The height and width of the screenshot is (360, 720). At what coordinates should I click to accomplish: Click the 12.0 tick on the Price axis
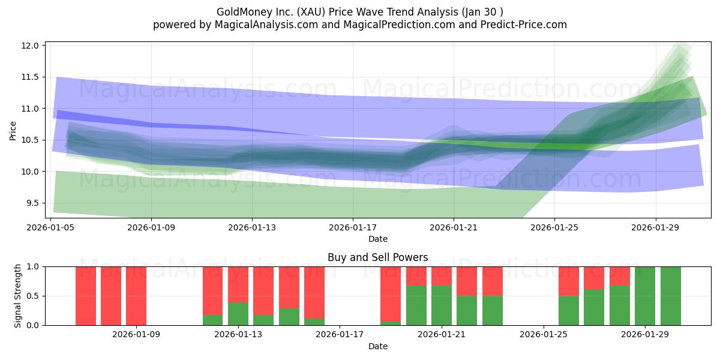click(x=31, y=46)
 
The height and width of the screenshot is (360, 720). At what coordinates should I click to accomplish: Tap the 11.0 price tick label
click(x=31, y=109)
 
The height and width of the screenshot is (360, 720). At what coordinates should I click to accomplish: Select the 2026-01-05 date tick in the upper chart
click(x=50, y=227)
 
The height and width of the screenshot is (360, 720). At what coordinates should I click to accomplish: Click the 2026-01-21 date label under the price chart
click(x=454, y=227)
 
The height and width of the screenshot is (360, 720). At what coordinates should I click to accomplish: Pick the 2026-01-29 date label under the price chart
click(x=655, y=227)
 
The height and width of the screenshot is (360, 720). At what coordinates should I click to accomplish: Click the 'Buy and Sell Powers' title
click(x=377, y=257)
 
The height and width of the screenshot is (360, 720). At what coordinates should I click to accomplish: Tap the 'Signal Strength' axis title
click(x=18, y=296)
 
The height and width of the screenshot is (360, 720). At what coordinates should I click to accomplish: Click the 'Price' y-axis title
click(x=13, y=131)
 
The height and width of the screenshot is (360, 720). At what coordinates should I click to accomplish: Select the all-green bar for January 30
click(x=670, y=296)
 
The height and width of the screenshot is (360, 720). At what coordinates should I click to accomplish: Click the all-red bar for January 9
click(x=136, y=296)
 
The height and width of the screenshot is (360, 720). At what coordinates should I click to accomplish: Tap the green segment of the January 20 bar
click(x=416, y=305)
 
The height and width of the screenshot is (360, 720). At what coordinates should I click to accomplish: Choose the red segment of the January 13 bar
click(x=238, y=284)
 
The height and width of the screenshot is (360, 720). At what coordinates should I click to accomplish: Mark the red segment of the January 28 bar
click(x=620, y=275)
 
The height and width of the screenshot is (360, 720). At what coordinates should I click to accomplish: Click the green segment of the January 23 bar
click(x=493, y=311)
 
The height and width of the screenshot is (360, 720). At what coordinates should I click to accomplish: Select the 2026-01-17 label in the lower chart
click(x=340, y=334)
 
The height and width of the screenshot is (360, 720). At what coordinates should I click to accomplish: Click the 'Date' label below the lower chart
click(x=377, y=346)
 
